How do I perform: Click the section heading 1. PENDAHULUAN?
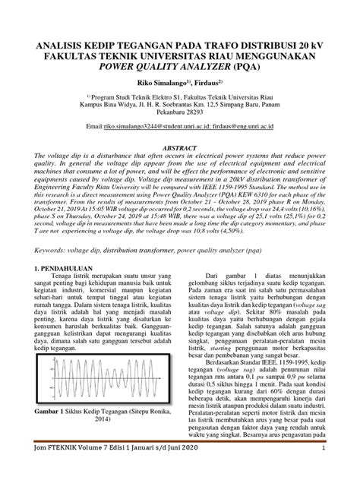coord(63,269)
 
